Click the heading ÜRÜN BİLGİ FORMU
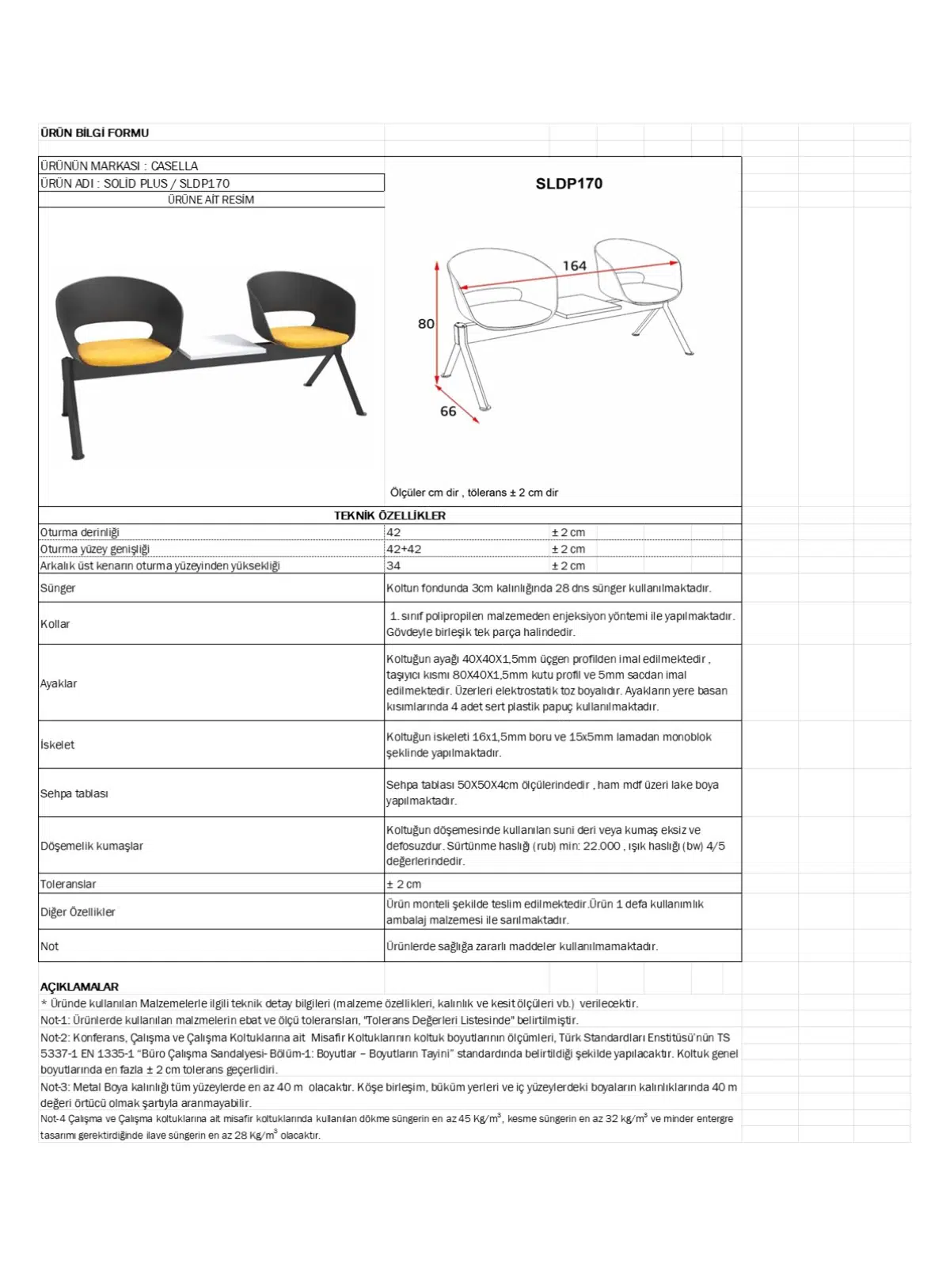pyautogui.click(x=94, y=133)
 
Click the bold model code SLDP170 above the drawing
pyautogui.click(x=568, y=184)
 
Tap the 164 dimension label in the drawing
pyautogui.click(x=574, y=266)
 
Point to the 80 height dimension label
pyautogui.click(x=426, y=324)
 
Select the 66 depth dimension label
pyautogui.click(x=448, y=412)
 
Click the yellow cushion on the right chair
pyautogui.click(x=309, y=337)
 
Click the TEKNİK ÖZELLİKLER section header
pyautogui.click(x=389, y=516)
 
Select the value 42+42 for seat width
pyautogui.click(x=404, y=549)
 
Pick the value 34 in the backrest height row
pyautogui.click(x=393, y=565)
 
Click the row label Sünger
pyautogui.click(x=58, y=588)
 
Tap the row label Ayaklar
pyautogui.click(x=59, y=683)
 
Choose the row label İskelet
pyautogui.click(x=57, y=745)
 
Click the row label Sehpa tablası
pyautogui.click(x=74, y=793)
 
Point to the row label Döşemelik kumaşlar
pyautogui.click(x=92, y=846)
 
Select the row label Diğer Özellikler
pyautogui.click(x=78, y=912)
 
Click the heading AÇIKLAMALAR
pyautogui.click(x=79, y=987)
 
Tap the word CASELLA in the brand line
pyautogui.click(x=174, y=166)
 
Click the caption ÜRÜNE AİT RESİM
pyautogui.click(x=211, y=200)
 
